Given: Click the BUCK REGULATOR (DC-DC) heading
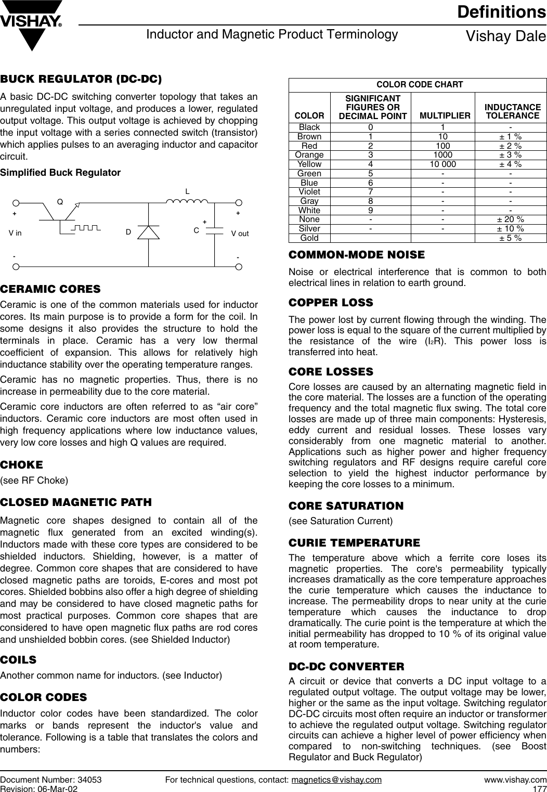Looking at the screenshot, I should pyautogui.click(x=81, y=80).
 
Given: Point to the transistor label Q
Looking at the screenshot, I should pyautogui.click(x=60, y=201).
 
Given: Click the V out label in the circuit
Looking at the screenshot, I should pyautogui.click(x=240, y=233).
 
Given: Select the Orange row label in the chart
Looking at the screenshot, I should pyautogui.click(x=309, y=155).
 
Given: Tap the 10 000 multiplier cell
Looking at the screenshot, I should pyautogui.click(x=442, y=164).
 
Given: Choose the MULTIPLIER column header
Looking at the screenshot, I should pyautogui.click(x=445, y=115).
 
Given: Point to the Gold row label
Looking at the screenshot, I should pyautogui.click(x=309, y=238).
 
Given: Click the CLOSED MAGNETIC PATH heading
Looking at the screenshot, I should pyautogui.click(x=76, y=502).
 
